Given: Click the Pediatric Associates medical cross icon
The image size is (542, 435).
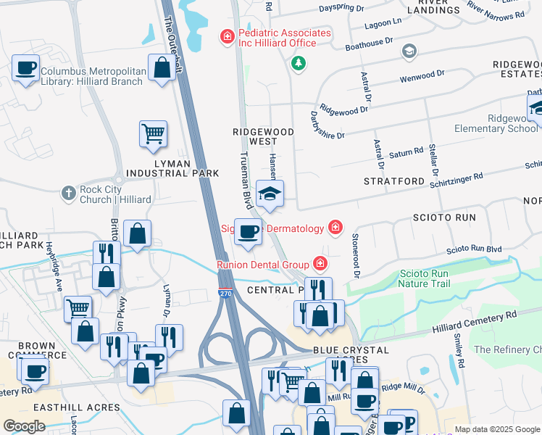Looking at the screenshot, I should coord(227,35).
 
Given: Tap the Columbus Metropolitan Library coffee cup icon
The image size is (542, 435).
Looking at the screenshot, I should coord(26,68).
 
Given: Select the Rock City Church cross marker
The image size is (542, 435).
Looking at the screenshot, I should coord(69,194).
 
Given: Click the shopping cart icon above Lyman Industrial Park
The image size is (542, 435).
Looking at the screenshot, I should coord(153,133).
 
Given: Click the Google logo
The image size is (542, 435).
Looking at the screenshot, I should coord(24,426).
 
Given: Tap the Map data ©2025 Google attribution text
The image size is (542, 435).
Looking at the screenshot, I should coord(496,429).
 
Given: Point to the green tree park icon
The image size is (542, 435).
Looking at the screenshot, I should coord(298,65).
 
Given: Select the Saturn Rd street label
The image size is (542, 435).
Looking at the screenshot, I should coord(406,153).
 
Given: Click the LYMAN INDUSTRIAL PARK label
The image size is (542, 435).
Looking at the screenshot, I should coord(158,169).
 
